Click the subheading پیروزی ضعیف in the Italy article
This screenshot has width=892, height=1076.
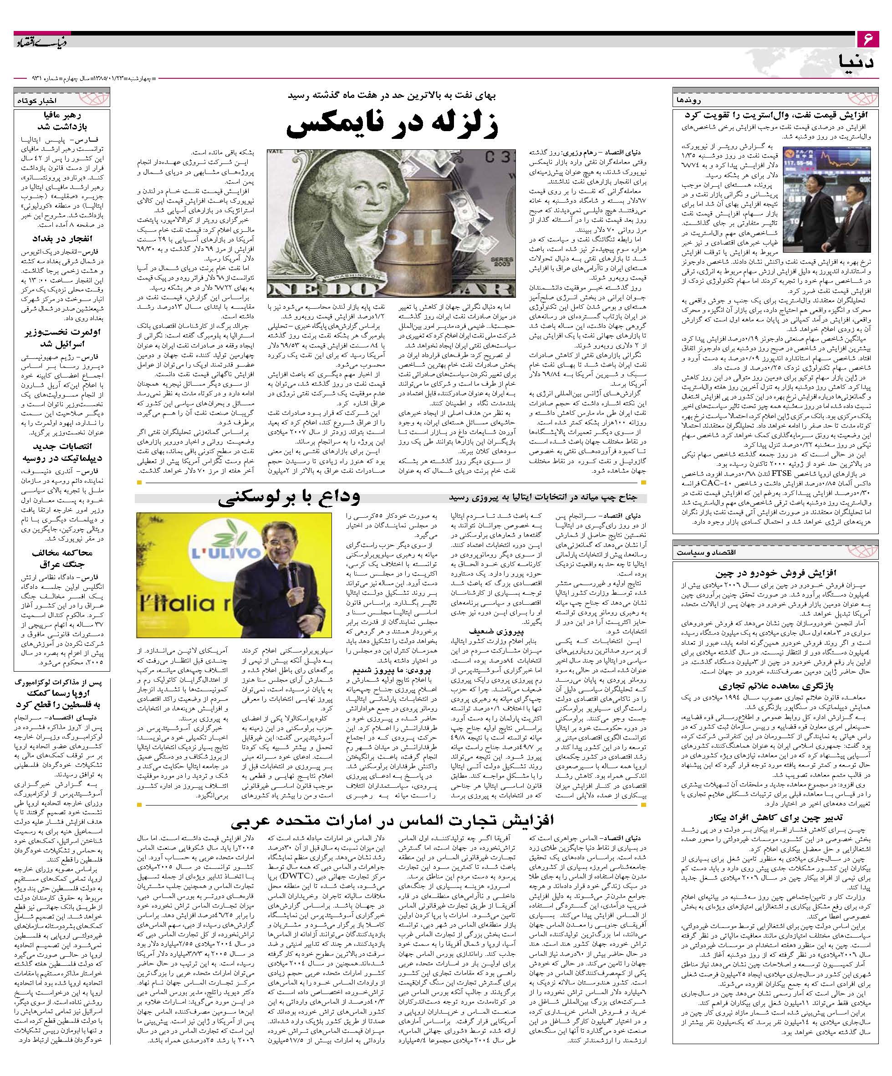click(x=492, y=632)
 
